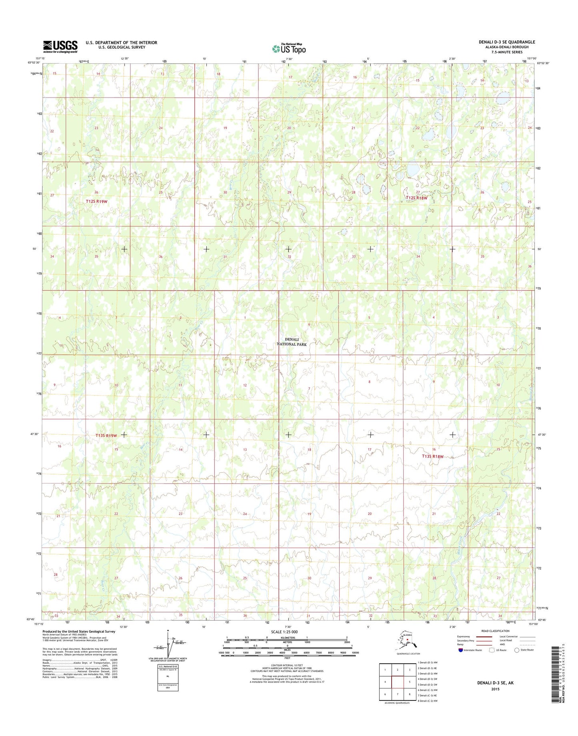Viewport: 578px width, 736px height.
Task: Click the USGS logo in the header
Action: click(x=60, y=46)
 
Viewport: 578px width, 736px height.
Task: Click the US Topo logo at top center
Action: click(x=289, y=49)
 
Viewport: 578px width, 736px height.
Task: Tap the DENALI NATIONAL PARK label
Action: click(x=292, y=342)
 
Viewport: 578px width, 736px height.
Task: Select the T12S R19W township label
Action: click(x=96, y=201)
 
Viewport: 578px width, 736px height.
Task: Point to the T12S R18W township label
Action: click(x=416, y=198)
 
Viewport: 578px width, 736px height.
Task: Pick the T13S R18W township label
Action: click(x=433, y=456)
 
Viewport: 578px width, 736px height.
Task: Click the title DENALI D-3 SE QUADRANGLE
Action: click(x=506, y=42)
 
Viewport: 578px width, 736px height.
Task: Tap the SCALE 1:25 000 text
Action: click(x=284, y=632)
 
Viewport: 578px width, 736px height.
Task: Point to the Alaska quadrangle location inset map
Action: click(x=408, y=644)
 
